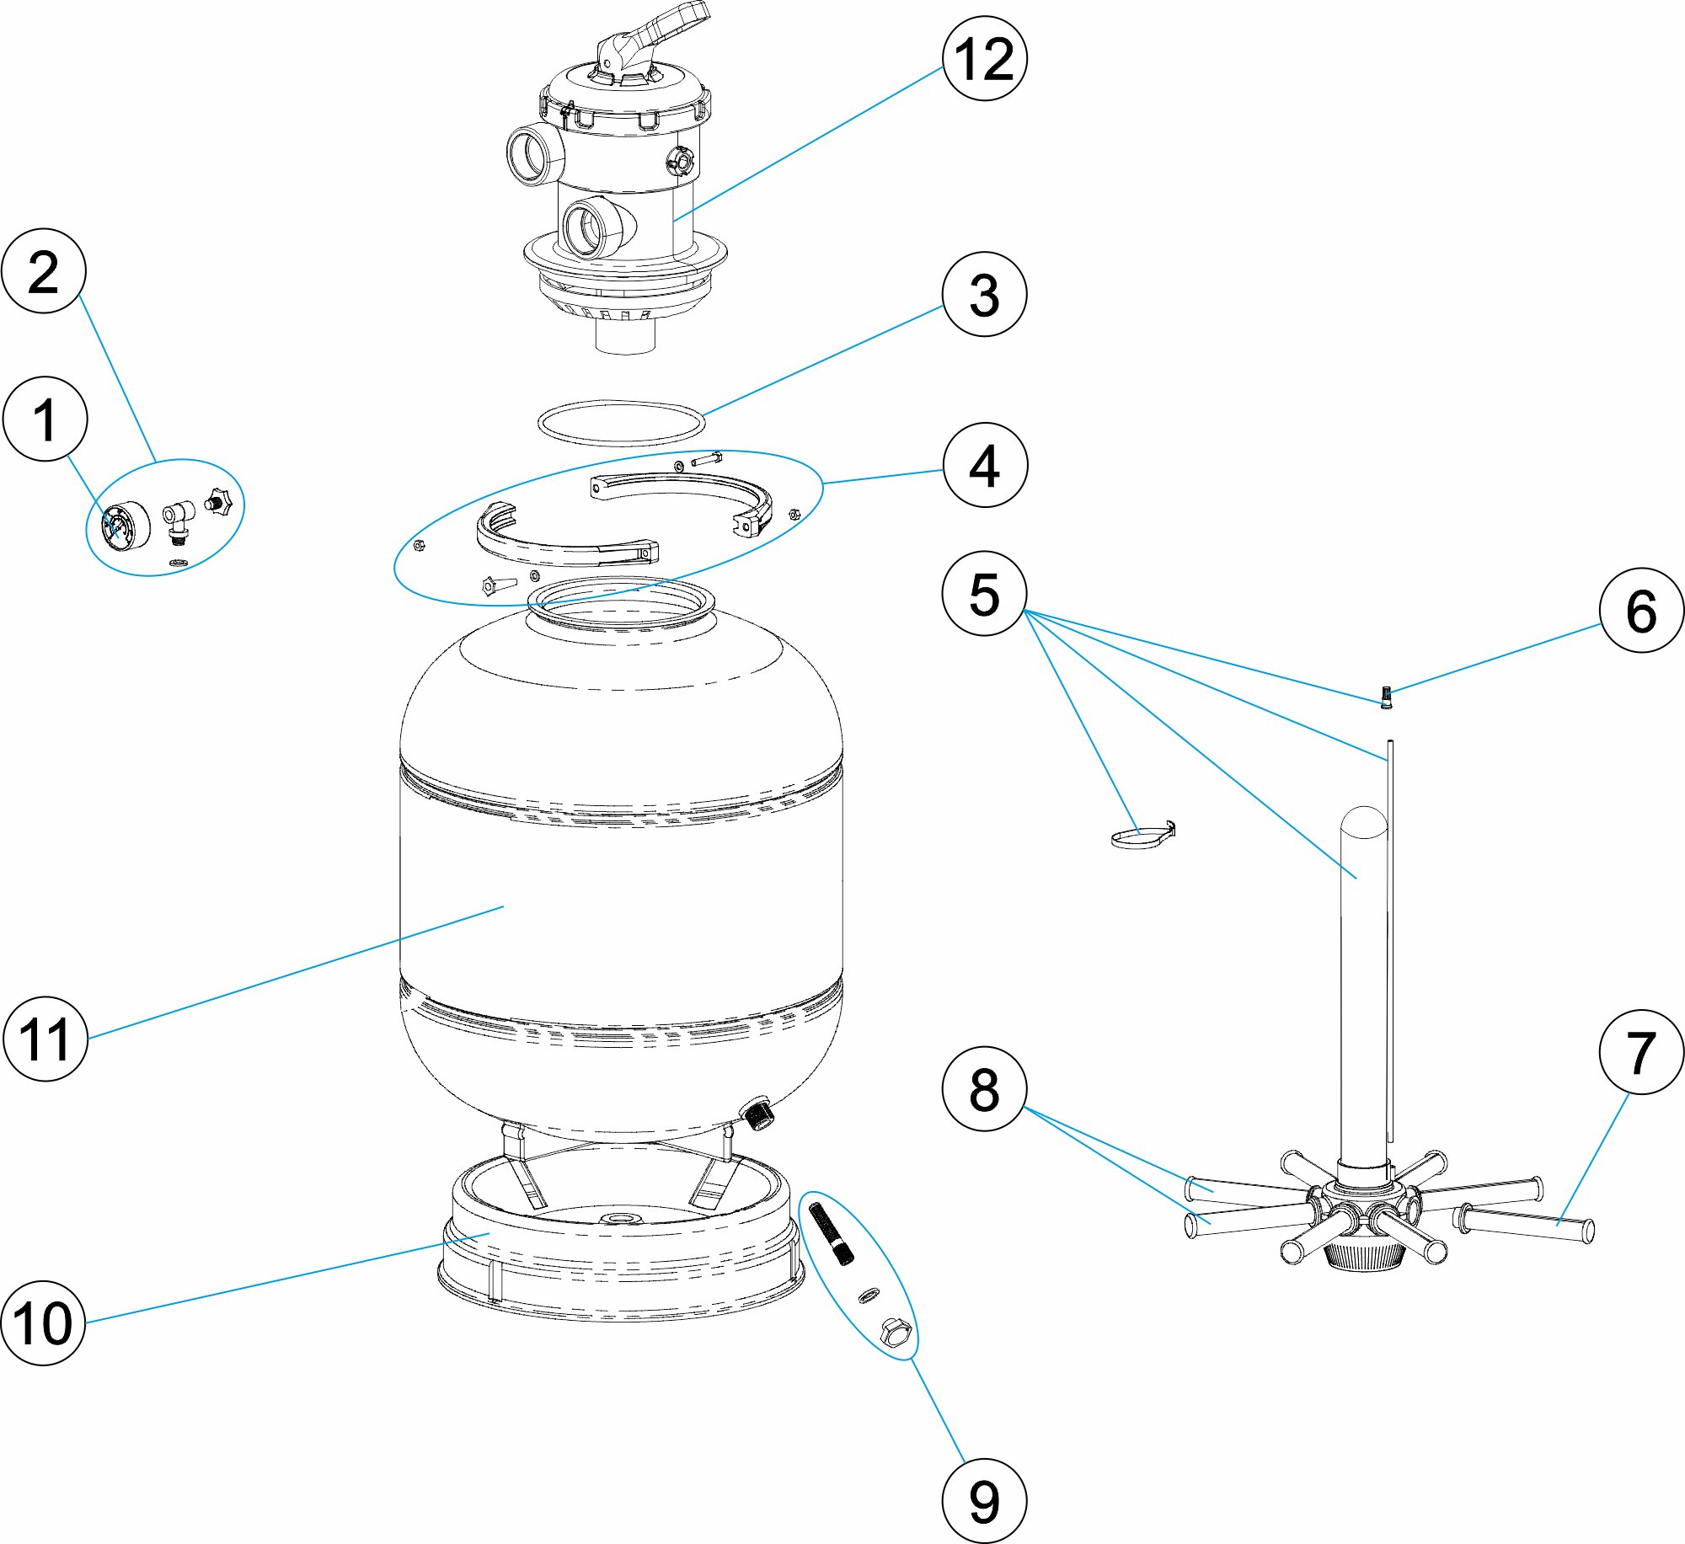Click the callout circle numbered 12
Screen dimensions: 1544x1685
(x=984, y=59)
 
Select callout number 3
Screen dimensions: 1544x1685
(x=984, y=295)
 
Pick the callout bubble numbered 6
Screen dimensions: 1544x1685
(x=1641, y=611)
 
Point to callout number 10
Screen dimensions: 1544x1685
(x=44, y=1322)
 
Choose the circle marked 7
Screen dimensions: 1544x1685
(x=1641, y=1052)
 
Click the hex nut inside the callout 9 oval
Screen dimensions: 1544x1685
(x=895, y=1333)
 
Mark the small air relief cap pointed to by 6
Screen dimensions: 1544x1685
(x=1385, y=698)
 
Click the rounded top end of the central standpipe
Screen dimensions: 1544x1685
(x=1362, y=821)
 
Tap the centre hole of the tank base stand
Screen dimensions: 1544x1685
(x=621, y=1219)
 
